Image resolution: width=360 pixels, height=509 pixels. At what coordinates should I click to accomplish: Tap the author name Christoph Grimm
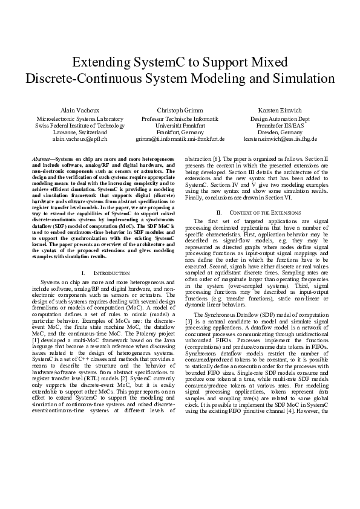(180, 111)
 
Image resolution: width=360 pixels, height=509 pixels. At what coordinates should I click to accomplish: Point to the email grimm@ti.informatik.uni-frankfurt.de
(180, 138)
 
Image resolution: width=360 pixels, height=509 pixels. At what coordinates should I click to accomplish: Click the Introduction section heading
(112, 273)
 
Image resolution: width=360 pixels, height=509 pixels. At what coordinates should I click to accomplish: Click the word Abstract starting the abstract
(43, 158)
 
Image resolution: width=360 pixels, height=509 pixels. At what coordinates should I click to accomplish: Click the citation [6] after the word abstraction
(215, 158)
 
